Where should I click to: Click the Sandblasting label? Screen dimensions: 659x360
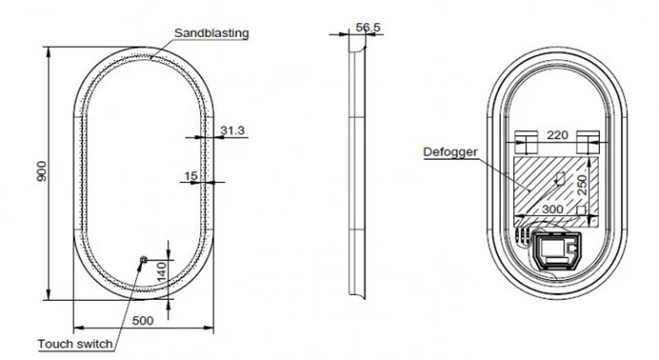tap(212, 33)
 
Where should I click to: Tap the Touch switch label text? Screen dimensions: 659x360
tap(76, 344)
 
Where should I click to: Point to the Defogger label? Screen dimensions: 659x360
tap(450, 152)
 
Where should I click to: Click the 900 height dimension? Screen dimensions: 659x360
tap(42, 171)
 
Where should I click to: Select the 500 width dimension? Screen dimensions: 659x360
tap(143, 320)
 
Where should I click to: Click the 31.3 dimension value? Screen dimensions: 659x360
tap(232, 130)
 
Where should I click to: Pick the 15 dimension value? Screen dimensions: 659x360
tap(191, 175)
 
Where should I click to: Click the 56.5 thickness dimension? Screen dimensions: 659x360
tap(367, 27)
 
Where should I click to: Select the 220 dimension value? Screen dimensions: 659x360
tap(558, 135)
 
